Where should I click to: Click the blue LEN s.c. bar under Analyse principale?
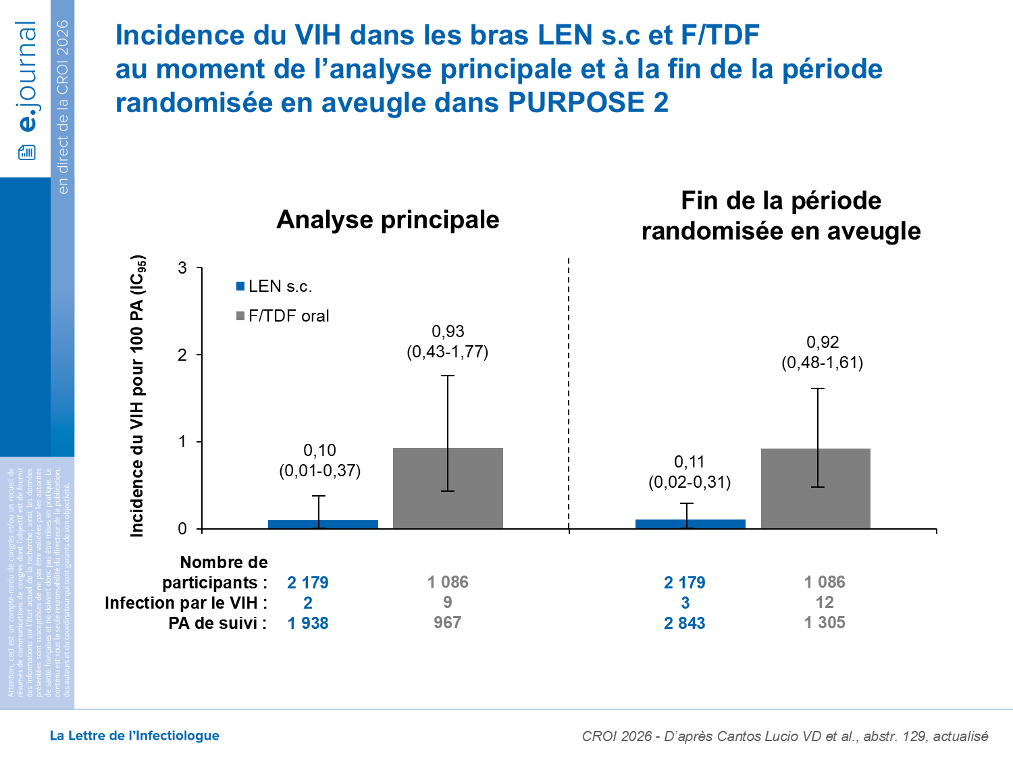tap(323, 524)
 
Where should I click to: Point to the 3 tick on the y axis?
tap(182, 268)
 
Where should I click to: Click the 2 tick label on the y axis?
tap(182, 355)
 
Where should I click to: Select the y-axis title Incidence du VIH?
tap(137, 397)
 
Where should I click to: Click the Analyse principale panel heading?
tap(388, 220)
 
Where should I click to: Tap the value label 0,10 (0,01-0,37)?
tap(319, 461)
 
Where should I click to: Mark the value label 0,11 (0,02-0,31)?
tap(690, 472)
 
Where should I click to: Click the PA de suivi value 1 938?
tap(308, 624)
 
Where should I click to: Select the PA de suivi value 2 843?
tap(684, 624)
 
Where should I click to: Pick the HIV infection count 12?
tap(824, 603)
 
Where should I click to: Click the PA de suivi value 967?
tap(447, 623)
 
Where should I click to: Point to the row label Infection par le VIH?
tap(186, 603)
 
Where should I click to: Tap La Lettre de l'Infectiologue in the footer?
tap(134, 736)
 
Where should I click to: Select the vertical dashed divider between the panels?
tap(569, 392)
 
